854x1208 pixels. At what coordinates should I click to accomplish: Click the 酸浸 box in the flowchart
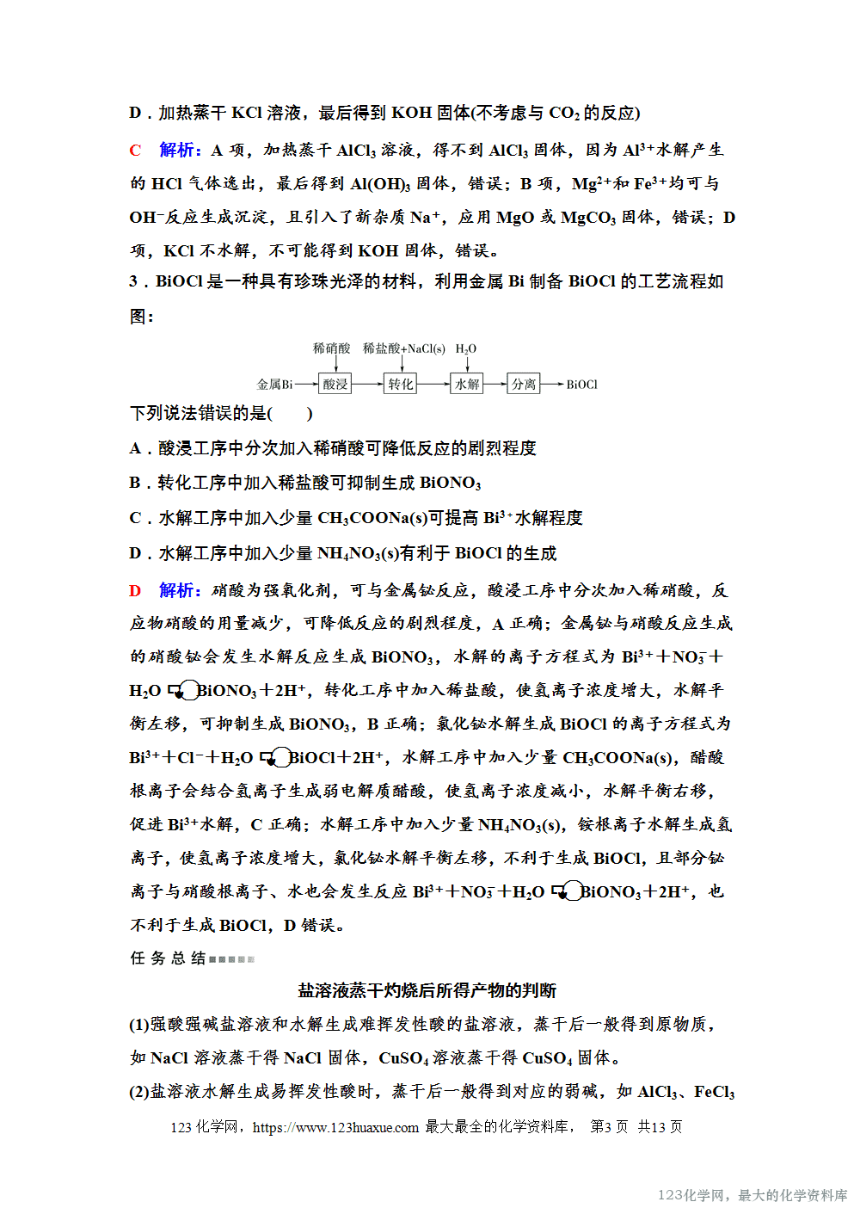(335, 384)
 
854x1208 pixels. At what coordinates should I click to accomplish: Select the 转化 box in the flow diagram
(400, 384)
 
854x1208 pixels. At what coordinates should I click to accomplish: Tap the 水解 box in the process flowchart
(467, 384)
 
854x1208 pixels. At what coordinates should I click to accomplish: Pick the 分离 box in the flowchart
(524, 384)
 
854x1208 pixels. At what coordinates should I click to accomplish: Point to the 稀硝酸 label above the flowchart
(332, 348)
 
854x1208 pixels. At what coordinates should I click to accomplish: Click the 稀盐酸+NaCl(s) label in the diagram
(403, 348)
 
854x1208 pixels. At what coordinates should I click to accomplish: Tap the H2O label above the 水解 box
(465, 348)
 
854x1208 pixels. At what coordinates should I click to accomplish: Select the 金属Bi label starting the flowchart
(274, 385)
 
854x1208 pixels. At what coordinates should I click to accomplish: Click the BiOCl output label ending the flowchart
(581, 385)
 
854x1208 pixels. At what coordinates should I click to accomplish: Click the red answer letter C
(135, 151)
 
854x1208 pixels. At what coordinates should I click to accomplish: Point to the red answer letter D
(135, 590)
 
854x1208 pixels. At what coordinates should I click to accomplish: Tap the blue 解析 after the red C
(179, 151)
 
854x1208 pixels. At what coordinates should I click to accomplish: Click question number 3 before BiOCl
(134, 281)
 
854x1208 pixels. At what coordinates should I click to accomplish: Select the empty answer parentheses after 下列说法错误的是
(290, 413)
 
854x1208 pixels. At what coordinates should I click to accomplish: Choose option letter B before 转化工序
(135, 483)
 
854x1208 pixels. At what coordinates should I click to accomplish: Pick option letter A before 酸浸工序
(135, 448)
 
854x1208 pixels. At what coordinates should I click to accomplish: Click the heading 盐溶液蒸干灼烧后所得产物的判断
(427, 990)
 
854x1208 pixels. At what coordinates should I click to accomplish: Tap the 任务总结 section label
(169, 958)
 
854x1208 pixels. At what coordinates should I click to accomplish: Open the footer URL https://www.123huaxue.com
(335, 1127)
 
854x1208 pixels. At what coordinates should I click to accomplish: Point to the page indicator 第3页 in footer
(609, 1127)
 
